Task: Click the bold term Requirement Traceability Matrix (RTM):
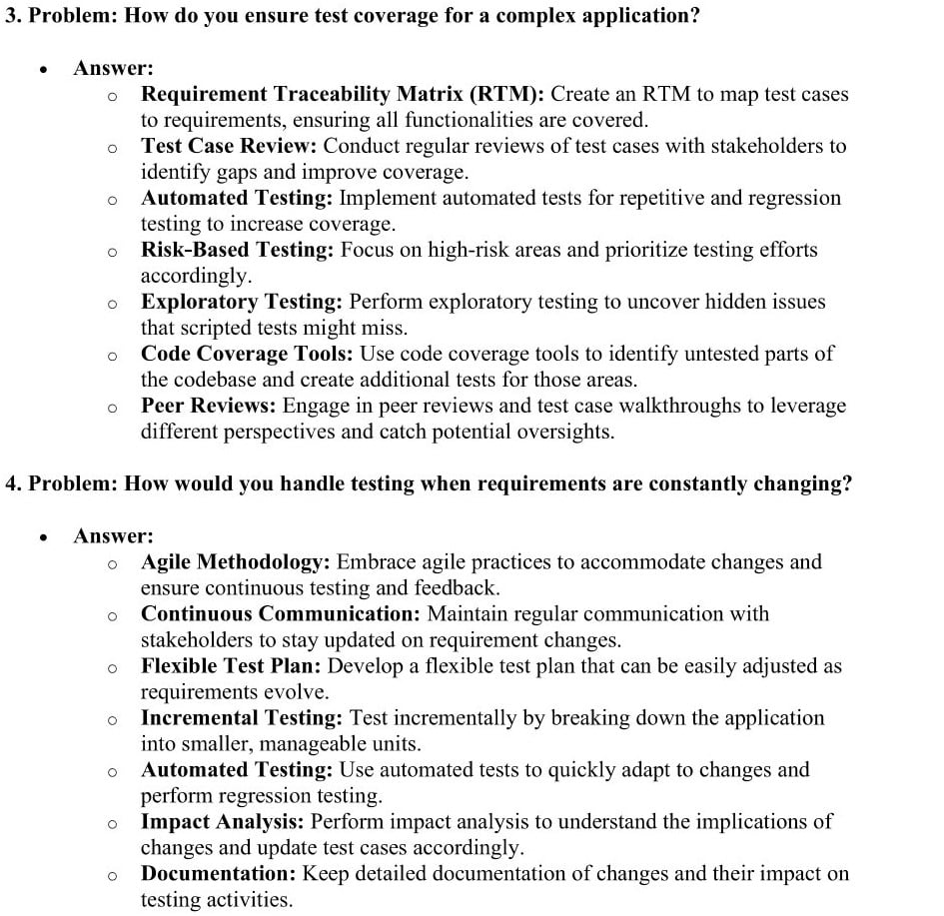tap(343, 95)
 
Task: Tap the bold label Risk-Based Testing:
tap(237, 251)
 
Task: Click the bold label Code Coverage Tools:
tap(248, 355)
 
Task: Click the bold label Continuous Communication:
tap(281, 614)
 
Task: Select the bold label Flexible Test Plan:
tap(232, 666)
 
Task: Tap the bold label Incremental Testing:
tap(242, 718)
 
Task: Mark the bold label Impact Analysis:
tap(223, 822)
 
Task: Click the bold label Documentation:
tap(219, 874)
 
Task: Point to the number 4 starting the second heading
tap(11, 484)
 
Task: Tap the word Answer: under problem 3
tap(113, 69)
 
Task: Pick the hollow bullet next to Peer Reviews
tap(113, 408)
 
